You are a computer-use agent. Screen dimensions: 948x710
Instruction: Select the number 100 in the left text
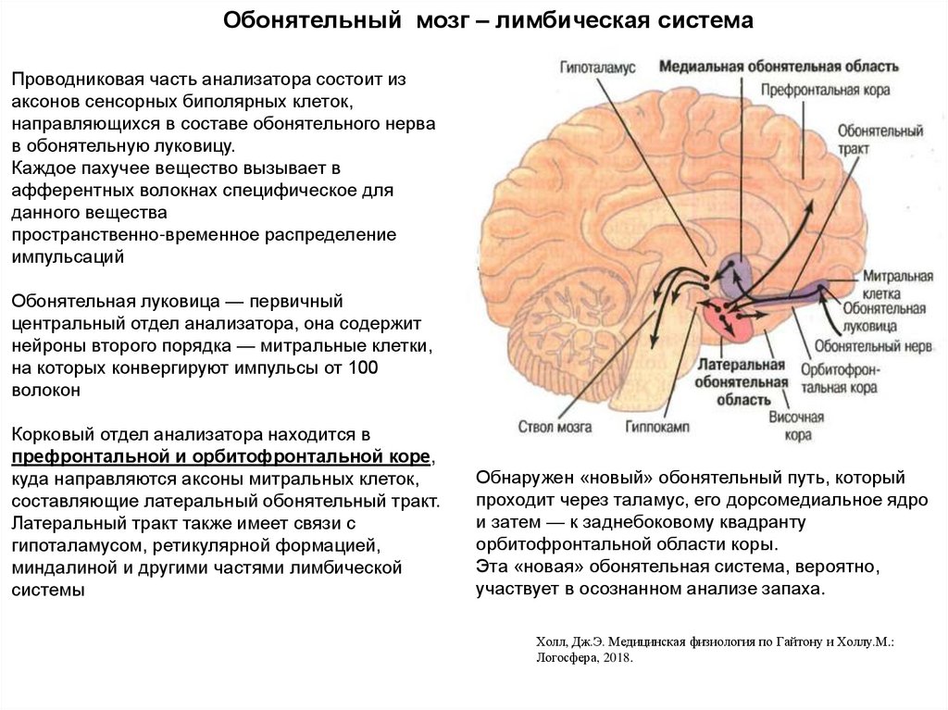click(360, 368)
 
